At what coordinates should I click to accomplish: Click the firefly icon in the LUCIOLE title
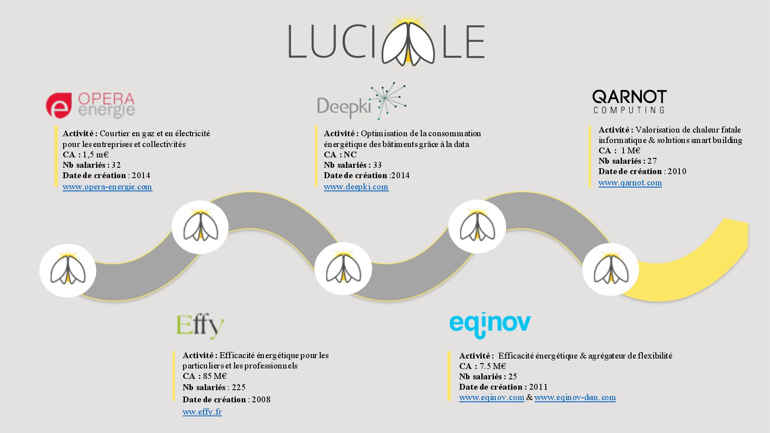(408, 42)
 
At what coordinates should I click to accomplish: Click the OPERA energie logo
(90, 106)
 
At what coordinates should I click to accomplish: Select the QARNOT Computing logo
(629, 102)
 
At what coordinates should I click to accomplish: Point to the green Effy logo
(200, 326)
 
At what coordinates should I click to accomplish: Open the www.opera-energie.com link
(107, 187)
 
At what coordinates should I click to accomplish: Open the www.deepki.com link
(356, 187)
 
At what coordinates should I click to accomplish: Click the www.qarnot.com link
(630, 183)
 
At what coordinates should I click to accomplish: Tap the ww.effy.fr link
(202, 412)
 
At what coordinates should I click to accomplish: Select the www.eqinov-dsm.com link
(575, 398)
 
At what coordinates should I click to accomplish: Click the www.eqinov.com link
(492, 398)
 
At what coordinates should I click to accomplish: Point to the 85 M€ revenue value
(215, 376)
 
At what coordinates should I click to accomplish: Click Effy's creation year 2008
(261, 400)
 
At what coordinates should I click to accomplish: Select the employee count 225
(239, 387)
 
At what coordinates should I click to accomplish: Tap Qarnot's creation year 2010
(677, 171)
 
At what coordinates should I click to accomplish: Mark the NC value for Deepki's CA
(350, 155)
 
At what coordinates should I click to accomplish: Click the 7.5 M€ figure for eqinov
(493, 366)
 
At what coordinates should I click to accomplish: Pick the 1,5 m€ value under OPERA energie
(96, 155)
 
